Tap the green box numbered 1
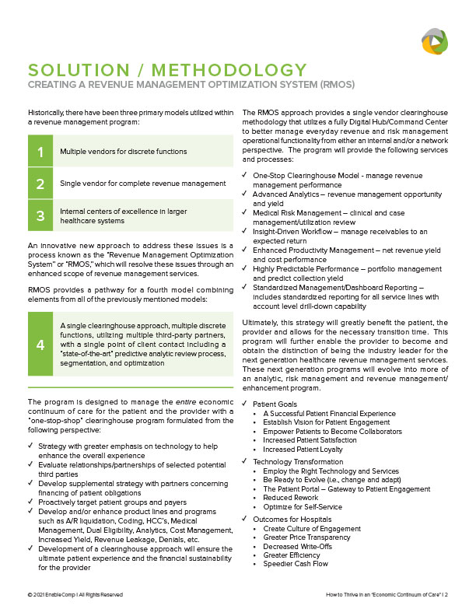[x=40, y=150]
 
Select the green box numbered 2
[x=40, y=184]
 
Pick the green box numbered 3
[x=40, y=215]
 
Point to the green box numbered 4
[x=40, y=345]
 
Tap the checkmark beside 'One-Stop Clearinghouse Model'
[x=247, y=176]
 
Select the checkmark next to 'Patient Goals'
[x=247, y=404]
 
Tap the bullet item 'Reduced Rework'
[x=291, y=498]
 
